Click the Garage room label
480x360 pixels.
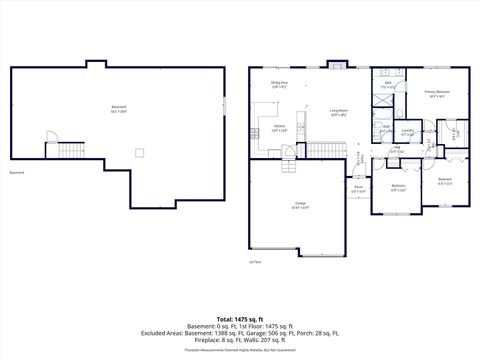(x=300, y=204)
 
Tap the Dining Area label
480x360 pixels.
(x=280, y=85)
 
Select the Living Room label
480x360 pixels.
(x=339, y=112)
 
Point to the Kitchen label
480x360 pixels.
(x=280, y=128)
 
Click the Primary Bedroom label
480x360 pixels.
(x=437, y=92)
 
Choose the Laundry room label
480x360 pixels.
(x=408, y=132)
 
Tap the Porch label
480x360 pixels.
(x=358, y=187)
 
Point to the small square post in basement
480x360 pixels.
(x=140, y=152)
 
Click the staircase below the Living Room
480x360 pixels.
(x=322, y=149)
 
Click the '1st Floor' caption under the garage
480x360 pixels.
(x=255, y=261)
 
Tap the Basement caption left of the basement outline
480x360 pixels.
(x=17, y=172)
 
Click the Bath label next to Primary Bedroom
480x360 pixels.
(x=387, y=84)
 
